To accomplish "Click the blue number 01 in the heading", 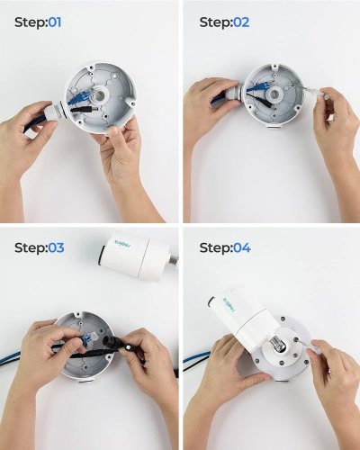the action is click(x=55, y=22).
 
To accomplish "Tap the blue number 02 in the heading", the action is click(x=241, y=22).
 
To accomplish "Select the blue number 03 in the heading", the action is click(x=56, y=247).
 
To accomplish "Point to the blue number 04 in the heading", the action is click(x=242, y=247).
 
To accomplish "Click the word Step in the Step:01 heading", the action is click(x=30, y=22).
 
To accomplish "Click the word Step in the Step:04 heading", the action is click(x=215, y=248).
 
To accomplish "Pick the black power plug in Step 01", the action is click(x=85, y=109).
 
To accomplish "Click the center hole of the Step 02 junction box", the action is click(x=275, y=94).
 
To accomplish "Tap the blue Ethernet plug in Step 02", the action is click(x=257, y=87).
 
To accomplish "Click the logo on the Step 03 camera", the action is click(x=123, y=244).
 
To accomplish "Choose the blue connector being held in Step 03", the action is click(x=90, y=339).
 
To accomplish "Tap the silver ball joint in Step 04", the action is click(x=277, y=343).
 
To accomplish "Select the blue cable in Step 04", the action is click(x=194, y=357).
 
